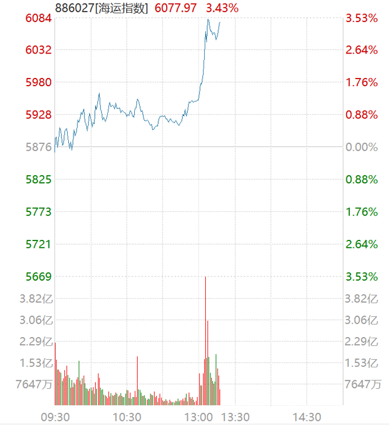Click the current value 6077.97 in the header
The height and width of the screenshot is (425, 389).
point(176,8)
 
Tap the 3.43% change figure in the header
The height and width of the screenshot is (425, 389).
point(222,8)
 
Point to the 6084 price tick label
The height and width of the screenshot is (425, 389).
point(38,18)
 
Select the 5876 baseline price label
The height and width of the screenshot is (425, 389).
point(38,147)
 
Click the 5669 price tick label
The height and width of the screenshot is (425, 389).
point(38,277)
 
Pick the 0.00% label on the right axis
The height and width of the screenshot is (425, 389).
point(362,147)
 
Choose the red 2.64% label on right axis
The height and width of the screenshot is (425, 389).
point(362,50)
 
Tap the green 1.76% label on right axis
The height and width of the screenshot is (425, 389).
point(362,212)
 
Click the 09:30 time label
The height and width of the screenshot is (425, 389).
point(55,417)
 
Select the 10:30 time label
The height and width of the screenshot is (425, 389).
point(127,417)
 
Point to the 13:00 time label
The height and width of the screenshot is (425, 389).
point(199,417)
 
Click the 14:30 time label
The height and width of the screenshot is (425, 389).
point(307,417)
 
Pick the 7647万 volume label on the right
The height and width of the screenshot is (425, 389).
point(363,384)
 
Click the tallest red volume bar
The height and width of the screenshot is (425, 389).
point(205,338)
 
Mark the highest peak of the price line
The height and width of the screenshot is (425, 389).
point(208,19)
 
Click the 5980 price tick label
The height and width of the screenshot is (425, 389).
point(38,82)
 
